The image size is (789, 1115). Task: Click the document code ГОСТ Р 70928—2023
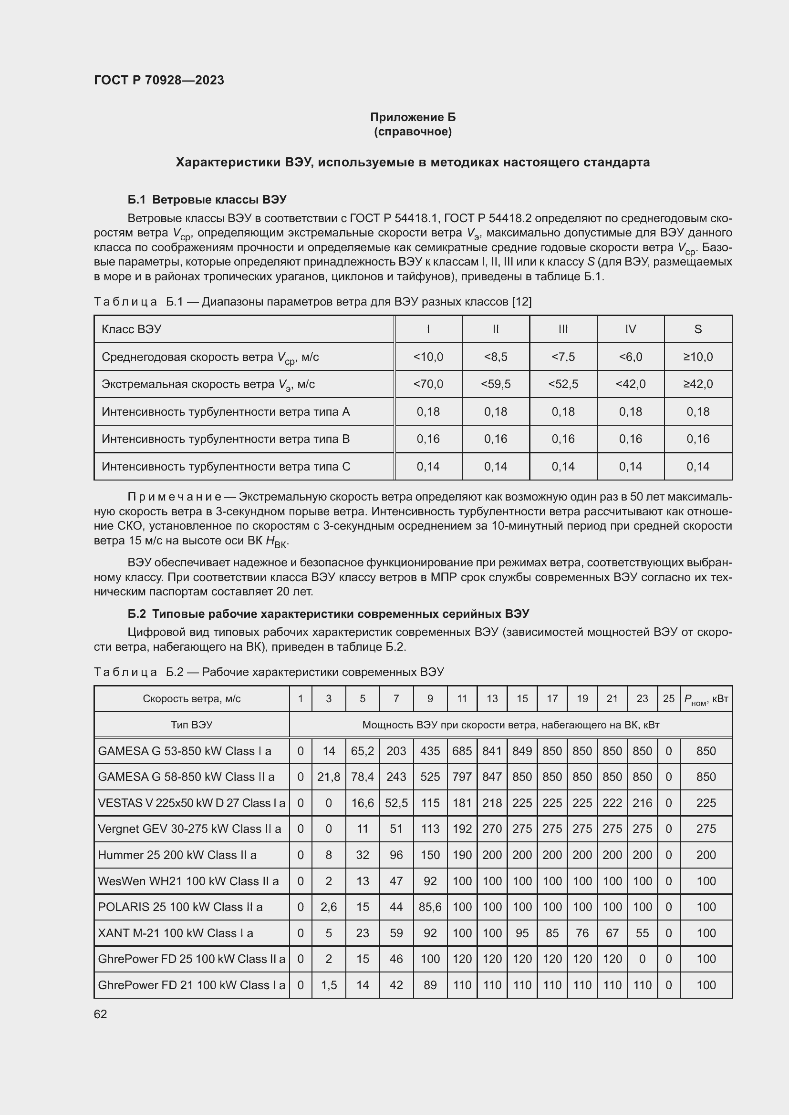[159, 80]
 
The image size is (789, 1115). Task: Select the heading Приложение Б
[413, 117]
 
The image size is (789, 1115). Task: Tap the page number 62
[100, 1014]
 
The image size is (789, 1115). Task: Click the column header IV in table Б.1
[630, 329]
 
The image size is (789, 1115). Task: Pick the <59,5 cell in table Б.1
[495, 384]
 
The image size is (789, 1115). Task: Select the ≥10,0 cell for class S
[698, 357]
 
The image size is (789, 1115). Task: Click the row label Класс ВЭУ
[131, 329]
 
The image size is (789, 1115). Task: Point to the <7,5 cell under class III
[562, 357]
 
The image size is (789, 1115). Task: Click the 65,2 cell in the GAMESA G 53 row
[363, 751]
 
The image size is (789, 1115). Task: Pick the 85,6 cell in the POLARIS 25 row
[430, 907]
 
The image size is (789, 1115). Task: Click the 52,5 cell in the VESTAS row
[396, 803]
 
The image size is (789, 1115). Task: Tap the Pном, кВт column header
[706, 699]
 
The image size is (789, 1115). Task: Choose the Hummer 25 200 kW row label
[177, 855]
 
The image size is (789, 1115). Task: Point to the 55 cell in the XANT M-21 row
[642, 933]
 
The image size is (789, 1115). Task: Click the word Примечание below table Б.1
[175, 497]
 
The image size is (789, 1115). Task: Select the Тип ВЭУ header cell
[191, 725]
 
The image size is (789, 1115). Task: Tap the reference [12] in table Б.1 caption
[522, 302]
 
